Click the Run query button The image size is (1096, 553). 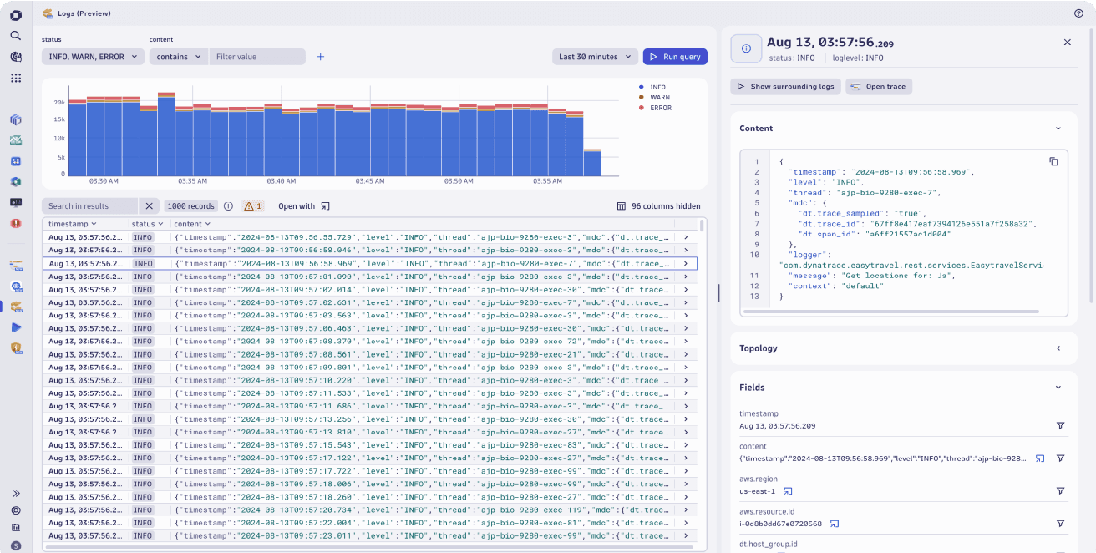click(x=675, y=57)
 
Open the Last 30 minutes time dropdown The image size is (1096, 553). click(x=595, y=57)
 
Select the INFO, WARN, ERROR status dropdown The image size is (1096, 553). click(x=92, y=57)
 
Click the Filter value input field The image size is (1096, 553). click(x=256, y=57)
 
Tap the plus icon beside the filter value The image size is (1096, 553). click(x=320, y=57)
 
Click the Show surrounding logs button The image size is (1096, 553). click(x=784, y=86)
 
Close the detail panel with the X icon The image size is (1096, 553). click(x=1067, y=42)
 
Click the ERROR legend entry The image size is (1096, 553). click(x=660, y=108)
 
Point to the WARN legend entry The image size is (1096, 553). click(x=659, y=98)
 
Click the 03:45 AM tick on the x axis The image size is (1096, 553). click(x=369, y=181)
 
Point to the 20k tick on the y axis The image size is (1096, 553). click(x=59, y=103)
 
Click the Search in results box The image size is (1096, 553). click(x=89, y=206)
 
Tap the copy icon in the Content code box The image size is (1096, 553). click(x=1053, y=161)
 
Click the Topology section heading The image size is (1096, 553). click(x=759, y=348)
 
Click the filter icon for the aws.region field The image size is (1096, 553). click(x=1060, y=491)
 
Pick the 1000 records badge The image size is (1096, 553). click(x=190, y=206)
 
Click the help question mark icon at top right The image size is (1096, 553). click(x=1078, y=13)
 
